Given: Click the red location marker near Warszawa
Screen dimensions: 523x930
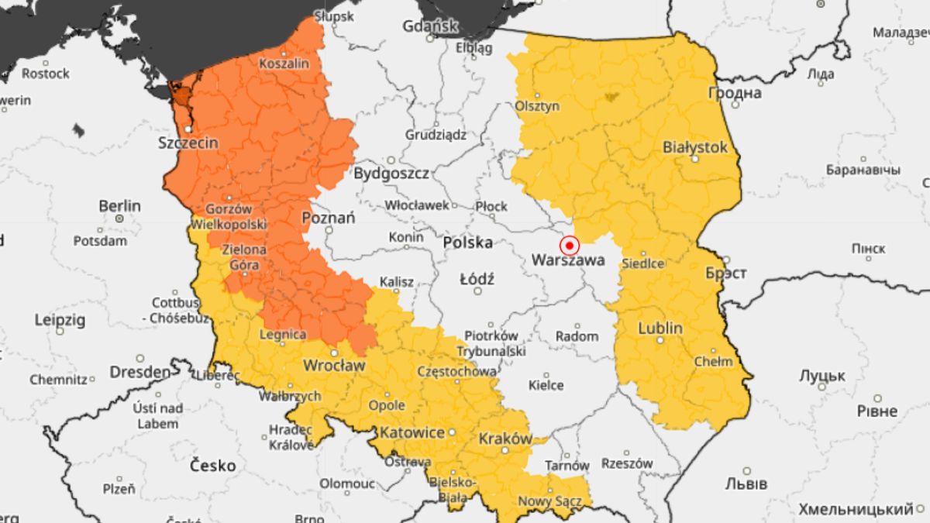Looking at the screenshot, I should coord(570,246).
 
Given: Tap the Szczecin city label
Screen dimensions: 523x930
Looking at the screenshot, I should coord(188,143).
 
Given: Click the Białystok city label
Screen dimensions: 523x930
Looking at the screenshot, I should coord(695,146).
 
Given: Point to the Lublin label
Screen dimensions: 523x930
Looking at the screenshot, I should coord(660,329).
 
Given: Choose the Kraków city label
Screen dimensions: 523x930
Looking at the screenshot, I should coord(505,439).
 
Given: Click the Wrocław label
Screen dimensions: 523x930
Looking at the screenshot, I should coord(333,364).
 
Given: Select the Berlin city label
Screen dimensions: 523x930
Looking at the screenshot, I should coord(119,206).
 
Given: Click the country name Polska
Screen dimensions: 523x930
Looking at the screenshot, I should coord(467,243).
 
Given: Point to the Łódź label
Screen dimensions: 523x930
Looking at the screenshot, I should coord(477,278).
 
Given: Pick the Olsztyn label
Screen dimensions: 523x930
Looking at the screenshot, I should coord(537,106).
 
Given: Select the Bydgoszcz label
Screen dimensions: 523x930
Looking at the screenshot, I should coord(391,174).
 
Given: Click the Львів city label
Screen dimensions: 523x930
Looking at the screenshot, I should coord(746,483).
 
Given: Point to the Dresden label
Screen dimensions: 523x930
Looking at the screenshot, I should coord(139,372).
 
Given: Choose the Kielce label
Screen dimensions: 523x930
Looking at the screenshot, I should coord(546,385).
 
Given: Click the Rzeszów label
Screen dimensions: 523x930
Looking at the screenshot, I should coord(626,463).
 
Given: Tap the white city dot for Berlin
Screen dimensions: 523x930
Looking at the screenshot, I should coord(120,219).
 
